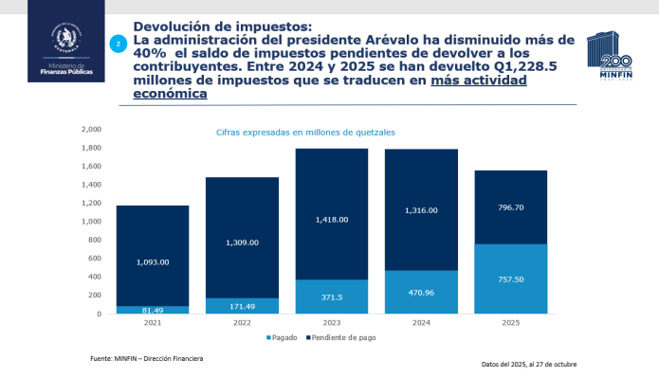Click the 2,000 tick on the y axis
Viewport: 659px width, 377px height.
(91, 130)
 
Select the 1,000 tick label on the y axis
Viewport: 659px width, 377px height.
(91, 222)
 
